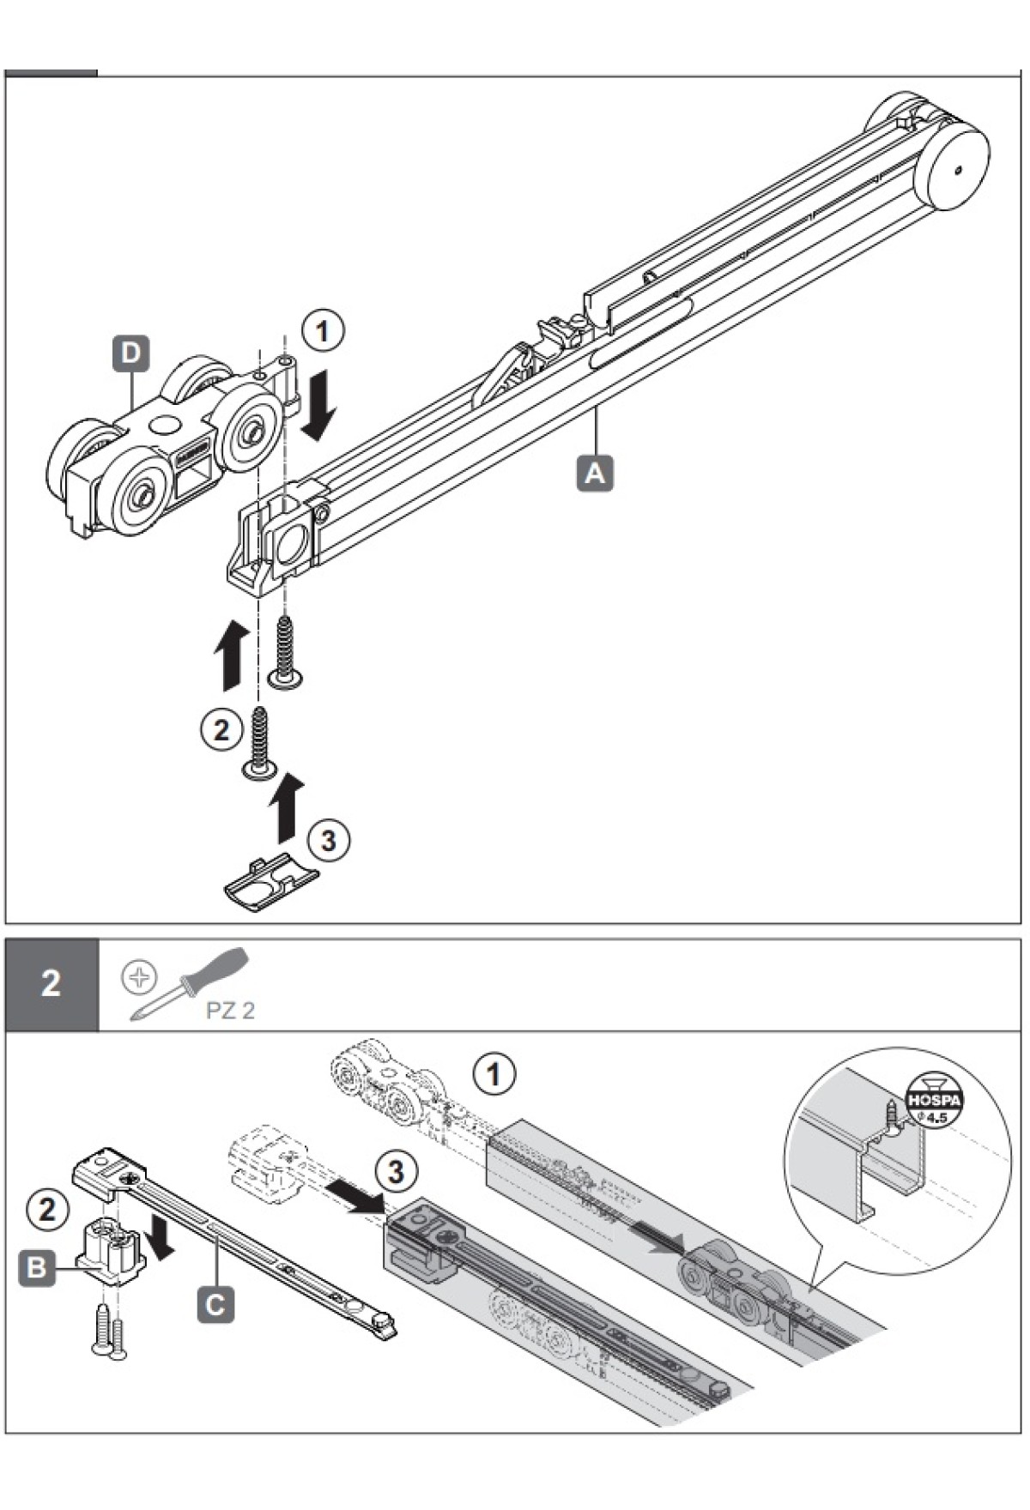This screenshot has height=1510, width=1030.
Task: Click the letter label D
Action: [130, 353]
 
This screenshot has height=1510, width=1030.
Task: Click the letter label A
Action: [595, 473]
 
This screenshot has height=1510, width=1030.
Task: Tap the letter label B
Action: [37, 1266]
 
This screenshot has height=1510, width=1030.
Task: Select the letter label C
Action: [215, 1305]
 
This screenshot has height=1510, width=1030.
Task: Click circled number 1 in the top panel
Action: [323, 331]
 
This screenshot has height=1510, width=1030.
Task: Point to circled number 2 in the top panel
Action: [221, 729]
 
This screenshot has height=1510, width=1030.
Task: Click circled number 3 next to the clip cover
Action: [328, 840]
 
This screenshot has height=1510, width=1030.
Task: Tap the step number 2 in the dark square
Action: [51, 983]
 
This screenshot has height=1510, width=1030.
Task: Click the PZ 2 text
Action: [230, 1010]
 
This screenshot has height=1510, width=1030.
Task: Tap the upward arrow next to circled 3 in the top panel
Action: [285, 807]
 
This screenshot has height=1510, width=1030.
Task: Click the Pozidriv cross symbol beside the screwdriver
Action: [139, 976]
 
